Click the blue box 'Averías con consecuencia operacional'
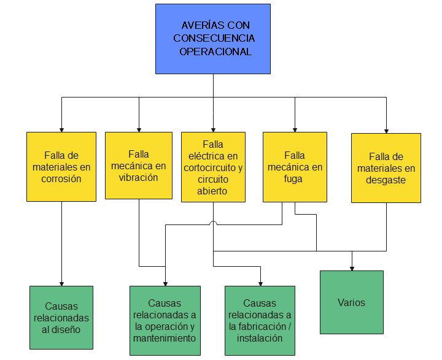click(212, 39)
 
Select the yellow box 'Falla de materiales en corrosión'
click(61, 166)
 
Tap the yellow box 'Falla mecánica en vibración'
click(139, 165)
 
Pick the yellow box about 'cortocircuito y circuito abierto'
click(213, 167)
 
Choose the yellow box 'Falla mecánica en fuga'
click(295, 166)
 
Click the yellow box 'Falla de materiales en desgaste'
click(386, 167)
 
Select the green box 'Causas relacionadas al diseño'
click(61, 317)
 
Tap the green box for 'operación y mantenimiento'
click(165, 320)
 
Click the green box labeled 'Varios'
click(351, 302)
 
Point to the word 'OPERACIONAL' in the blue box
click(215, 52)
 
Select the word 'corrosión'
click(63, 179)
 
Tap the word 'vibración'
click(139, 178)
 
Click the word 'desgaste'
click(386, 180)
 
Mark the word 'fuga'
click(295, 179)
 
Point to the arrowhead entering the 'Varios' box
click(352, 267)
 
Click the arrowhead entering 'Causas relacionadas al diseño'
click(61, 282)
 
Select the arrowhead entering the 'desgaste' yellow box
click(386, 129)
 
